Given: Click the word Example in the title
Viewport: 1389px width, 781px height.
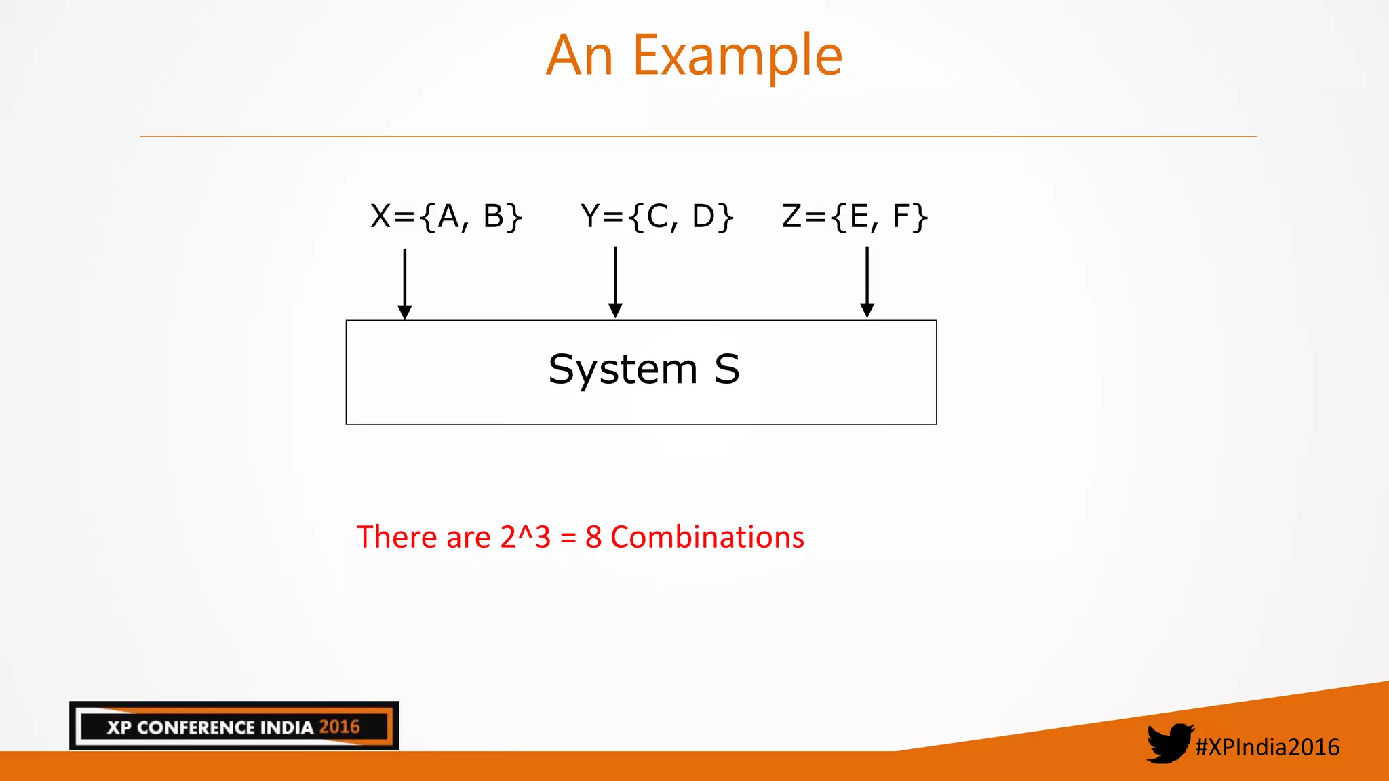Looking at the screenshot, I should pyautogui.click(x=737, y=57).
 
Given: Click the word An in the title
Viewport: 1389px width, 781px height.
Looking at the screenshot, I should pyautogui.click(x=580, y=57).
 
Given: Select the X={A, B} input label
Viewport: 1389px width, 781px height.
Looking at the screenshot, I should pyautogui.click(x=446, y=217).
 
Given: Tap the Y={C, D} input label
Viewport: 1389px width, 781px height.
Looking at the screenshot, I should pyautogui.click(x=657, y=217).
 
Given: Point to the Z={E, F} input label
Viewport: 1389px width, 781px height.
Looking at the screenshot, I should pyautogui.click(x=855, y=217).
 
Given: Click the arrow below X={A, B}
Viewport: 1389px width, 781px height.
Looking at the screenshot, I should pyautogui.click(x=405, y=283).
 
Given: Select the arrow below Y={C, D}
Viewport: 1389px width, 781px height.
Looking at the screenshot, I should pyautogui.click(x=615, y=282).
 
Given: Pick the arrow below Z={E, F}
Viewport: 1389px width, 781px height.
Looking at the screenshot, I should pyautogui.click(x=867, y=282).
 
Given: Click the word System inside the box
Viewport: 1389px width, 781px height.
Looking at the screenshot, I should pyautogui.click(x=623, y=370).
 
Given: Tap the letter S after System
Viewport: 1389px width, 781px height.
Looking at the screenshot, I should pyautogui.click(x=726, y=370).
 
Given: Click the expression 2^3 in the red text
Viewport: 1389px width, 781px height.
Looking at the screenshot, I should pyautogui.click(x=526, y=537).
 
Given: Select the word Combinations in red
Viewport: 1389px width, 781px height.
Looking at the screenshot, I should pyautogui.click(x=707, y=537).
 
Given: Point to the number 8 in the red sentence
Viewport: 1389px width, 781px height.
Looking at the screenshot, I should pyautogui.click(x=593, y=537).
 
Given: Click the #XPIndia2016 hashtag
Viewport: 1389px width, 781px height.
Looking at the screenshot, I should pyautogui.click(x=1267, y=747).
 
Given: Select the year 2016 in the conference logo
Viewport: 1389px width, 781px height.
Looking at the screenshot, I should pyautogui.click(x=339, y=727).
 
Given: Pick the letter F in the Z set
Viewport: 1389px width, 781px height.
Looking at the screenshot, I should pyautogui.click(x=901, y=217).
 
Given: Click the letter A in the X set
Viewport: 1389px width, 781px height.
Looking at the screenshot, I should pyautogui.click(x=448, y=217).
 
